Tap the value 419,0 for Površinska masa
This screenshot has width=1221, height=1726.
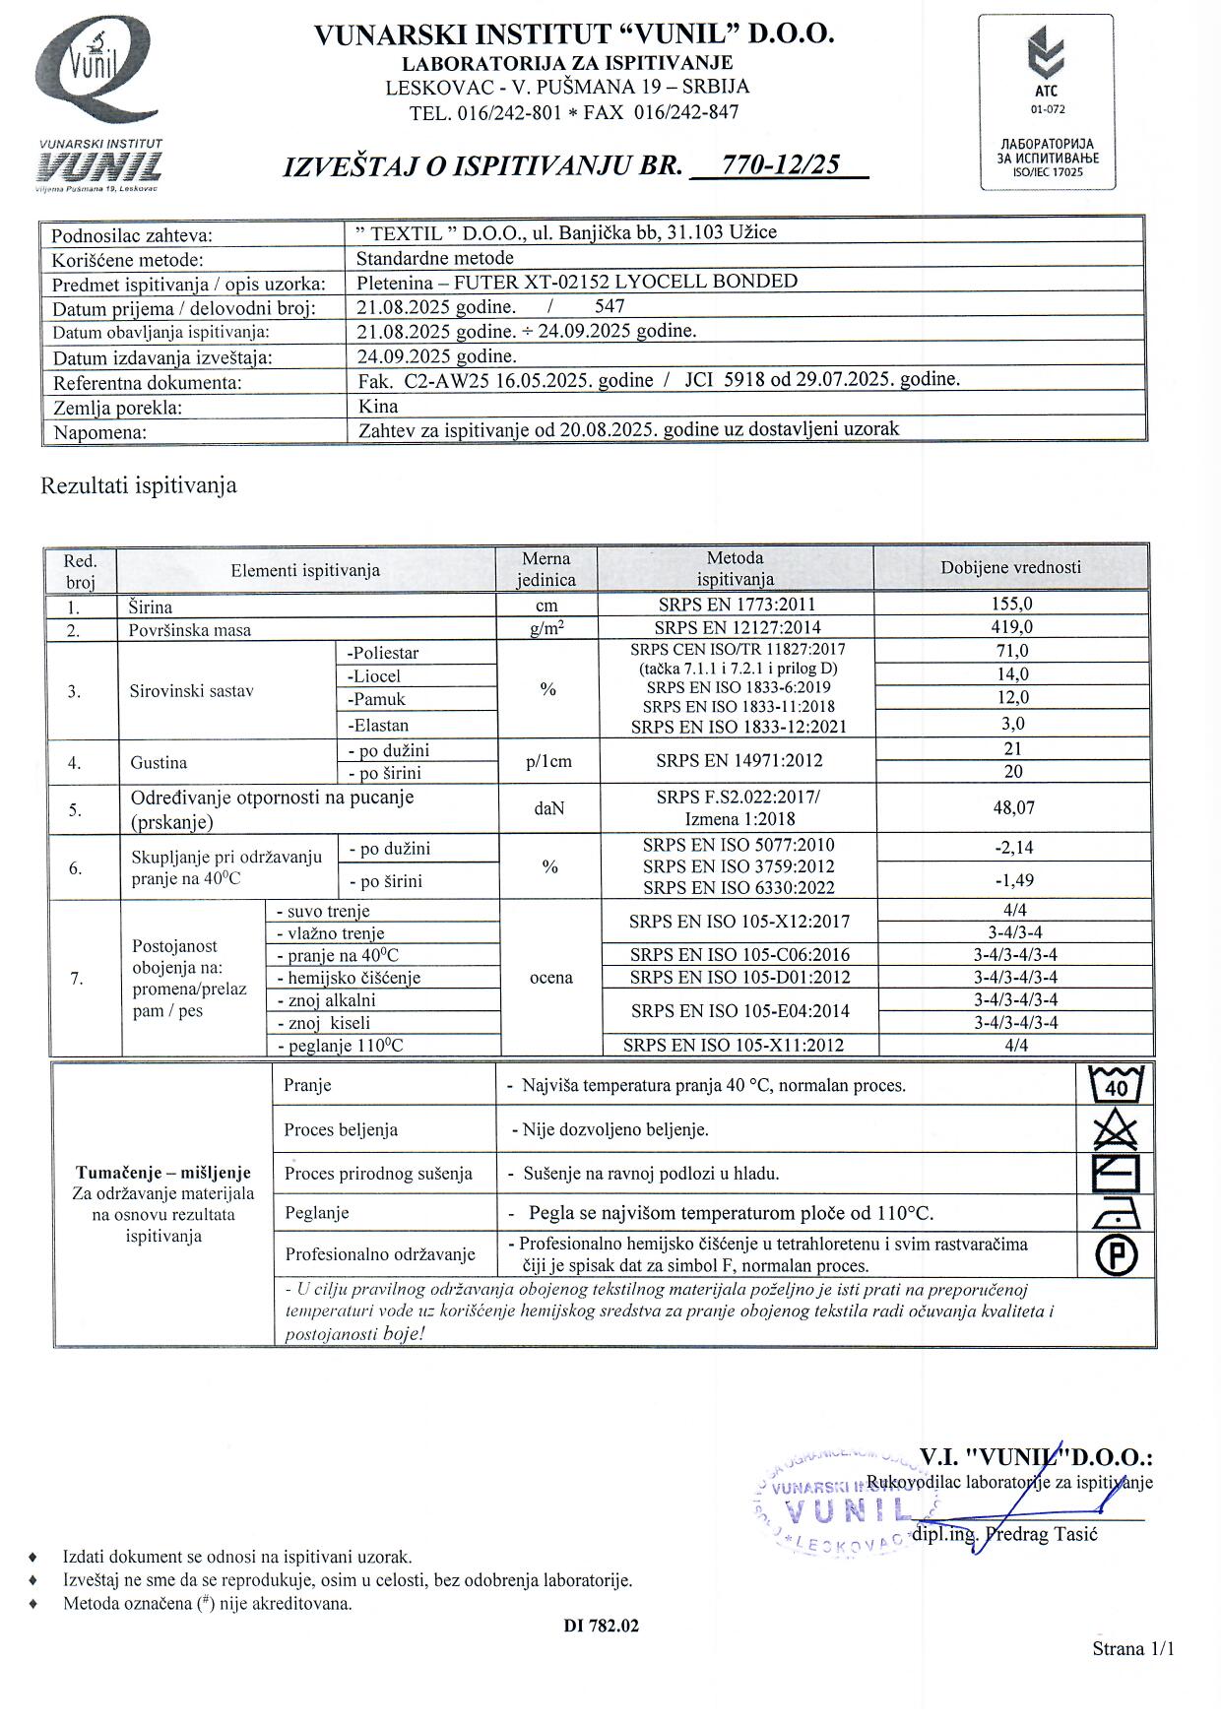(1011, 627)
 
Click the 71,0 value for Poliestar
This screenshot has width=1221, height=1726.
(1012, 651)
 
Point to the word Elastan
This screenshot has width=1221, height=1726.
(378, 726)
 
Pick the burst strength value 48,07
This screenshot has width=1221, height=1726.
(1013, 807)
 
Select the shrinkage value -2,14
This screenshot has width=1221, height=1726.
(1013, 847)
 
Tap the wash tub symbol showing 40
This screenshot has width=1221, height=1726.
(1116, 1084)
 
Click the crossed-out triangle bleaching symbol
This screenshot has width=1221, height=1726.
(1116, 1128)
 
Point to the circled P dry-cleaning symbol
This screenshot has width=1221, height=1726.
(1116, 1254)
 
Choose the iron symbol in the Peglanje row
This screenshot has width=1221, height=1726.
(1116, 1214)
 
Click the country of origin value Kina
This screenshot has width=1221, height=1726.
(378, 406)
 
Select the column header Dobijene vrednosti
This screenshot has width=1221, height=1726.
(1010, 567)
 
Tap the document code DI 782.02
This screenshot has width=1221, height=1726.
(601, 1626)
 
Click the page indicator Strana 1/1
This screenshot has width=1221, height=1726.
(1132, 1648)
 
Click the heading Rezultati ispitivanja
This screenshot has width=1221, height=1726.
(138, 485)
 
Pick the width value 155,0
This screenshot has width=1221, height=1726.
(1011, 604)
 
